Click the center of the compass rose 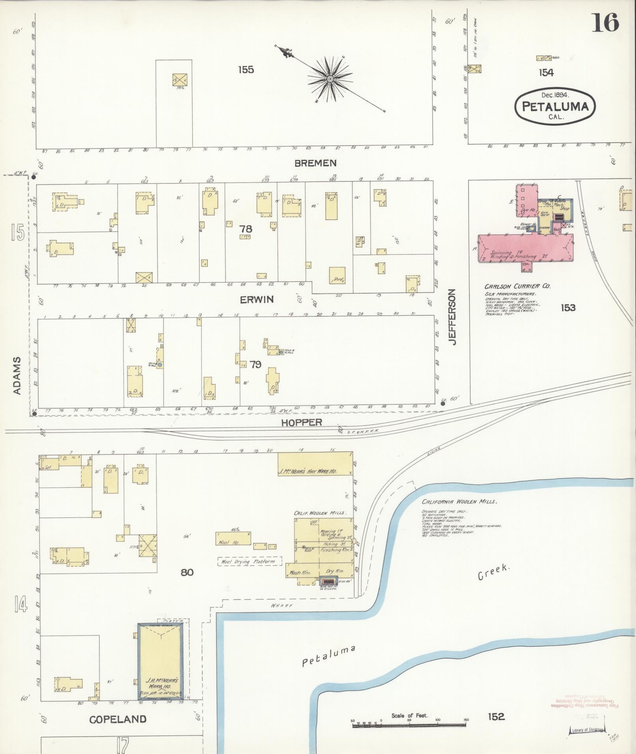(x=330, y=79)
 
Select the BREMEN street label (x=315, y=163)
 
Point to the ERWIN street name (x=257, y=300)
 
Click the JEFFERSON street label (x=452, y=317)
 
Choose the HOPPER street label (x=302, y=423)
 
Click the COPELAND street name (x=118, y=719)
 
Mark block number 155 (x=246, y=70)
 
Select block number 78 (x=246, y=229)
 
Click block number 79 (x=256, y=364)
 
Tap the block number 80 (x=187, y=572)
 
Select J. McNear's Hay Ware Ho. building (x=315, y=464)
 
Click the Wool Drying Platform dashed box (x=250, y=561)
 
